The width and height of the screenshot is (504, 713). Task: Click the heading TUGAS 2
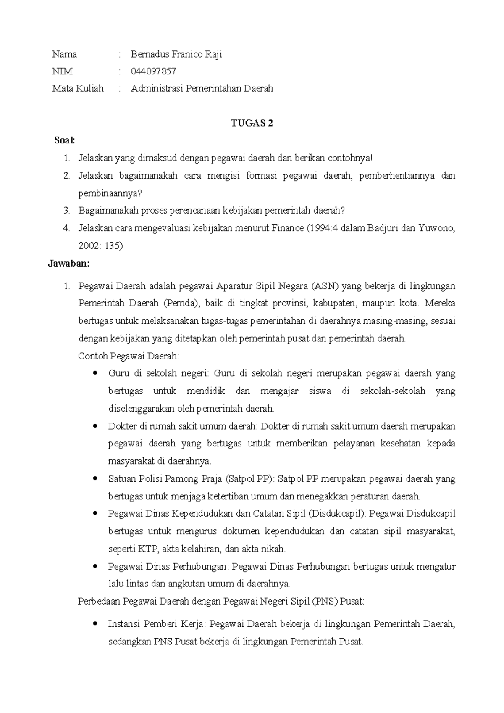[252, 123]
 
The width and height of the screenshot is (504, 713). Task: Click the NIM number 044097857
[153, 71]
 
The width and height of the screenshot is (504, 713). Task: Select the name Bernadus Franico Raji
[176, 54]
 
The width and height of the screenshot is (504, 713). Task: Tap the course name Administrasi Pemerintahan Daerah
[202, 88]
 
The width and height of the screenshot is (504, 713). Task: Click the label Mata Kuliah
[78, 88]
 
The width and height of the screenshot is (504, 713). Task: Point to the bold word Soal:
[64, 140]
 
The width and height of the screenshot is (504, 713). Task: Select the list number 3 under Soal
[66, 210]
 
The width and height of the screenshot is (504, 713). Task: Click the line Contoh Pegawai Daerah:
[129, 356]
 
